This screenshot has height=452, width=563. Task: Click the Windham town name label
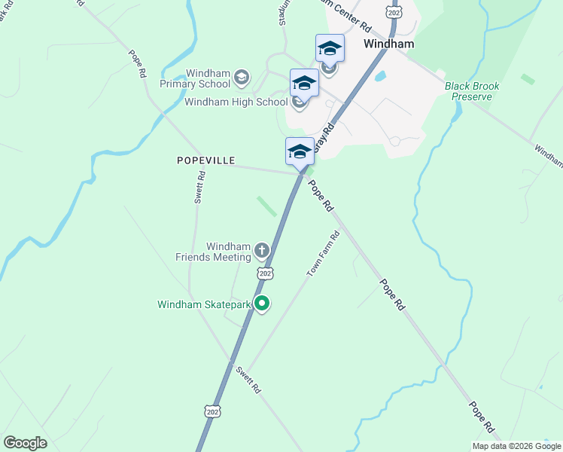click(389, 44)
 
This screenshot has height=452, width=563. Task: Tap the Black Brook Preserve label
click(472, 91)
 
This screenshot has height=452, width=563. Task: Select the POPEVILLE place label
click(206, 160)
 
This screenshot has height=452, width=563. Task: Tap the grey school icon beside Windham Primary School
click(242, 76)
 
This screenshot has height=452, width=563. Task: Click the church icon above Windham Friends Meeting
click(261, 250)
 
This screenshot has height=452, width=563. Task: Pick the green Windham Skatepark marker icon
click(262, 304)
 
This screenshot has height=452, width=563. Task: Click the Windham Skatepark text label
click(203, 305)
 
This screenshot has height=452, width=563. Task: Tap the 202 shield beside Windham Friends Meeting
click(264, 273)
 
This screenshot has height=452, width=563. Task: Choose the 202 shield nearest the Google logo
click(212, 411)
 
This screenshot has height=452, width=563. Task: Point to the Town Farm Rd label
click(323, 254)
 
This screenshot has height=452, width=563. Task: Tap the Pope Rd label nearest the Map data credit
click(482, 417)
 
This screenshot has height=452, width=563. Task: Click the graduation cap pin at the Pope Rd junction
click(300, 151)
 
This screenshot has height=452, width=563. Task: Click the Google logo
click(25, 443)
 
